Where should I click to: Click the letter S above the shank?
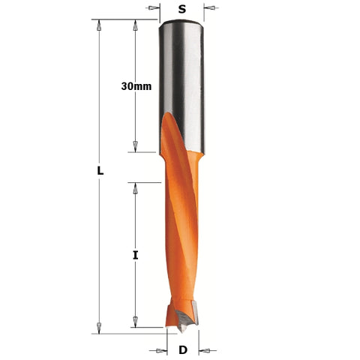pos(182,9)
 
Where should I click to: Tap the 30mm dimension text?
pos(136,86)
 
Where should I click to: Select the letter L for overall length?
pos(100,171)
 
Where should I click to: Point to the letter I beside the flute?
pos(136,255)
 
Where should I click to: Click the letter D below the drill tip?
pos(182,350)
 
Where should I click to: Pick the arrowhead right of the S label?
pos(210,9)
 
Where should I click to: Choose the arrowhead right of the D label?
pos(204,350)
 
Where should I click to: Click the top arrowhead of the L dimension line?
pos(98,25)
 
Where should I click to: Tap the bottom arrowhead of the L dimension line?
pos(98,327)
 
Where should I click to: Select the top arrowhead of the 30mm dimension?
pos(135,25)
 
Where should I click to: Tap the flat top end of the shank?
pos(182,22)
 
